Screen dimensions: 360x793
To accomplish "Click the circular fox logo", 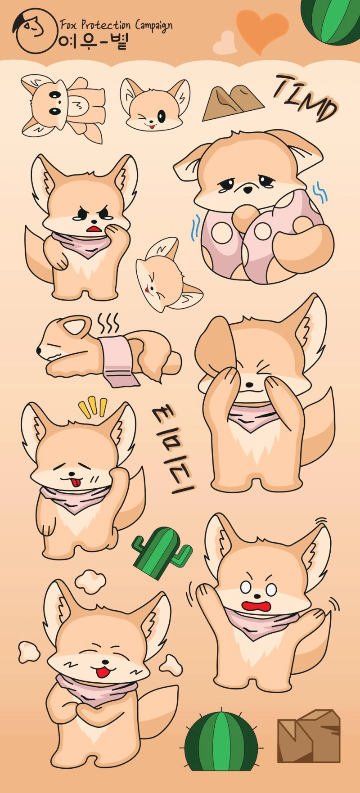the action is click(35, 31).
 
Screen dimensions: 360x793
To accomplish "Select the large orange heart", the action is click(262, 30).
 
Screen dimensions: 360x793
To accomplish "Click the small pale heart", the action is click(225, 43).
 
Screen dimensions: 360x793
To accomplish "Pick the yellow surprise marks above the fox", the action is click(93, 407).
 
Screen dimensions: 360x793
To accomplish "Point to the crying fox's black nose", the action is click(247, 190).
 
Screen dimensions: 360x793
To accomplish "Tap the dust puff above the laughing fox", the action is click(90, 581).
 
